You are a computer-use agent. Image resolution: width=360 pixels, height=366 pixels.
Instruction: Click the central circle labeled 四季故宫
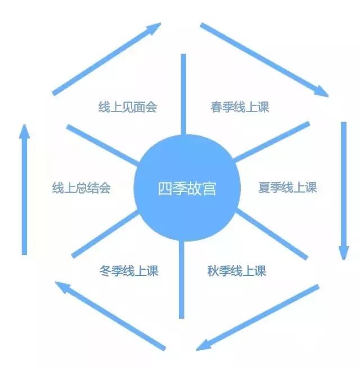tap(187, 188)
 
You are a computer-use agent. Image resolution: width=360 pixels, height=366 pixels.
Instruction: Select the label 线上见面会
tap(128, 107)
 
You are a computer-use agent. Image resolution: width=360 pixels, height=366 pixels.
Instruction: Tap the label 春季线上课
tap(240, 107)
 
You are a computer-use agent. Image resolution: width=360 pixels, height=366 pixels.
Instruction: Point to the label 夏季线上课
tap(287, 188)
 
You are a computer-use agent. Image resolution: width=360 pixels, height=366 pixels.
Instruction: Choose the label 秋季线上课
tap(236, 271)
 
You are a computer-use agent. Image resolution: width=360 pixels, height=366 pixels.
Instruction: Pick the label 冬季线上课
tap(129, 271)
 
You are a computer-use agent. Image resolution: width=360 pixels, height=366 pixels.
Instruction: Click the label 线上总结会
tap(81, 188)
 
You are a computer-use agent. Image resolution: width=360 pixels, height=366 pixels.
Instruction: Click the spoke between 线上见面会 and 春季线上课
tap(183, 95)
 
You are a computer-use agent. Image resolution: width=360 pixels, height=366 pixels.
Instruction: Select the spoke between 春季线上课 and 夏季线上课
tap(272, 142)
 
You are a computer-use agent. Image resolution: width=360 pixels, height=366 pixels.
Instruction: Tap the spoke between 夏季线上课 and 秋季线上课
tap(272, 234)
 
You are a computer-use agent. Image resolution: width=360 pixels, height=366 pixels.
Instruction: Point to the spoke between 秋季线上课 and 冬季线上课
tap(182, 280)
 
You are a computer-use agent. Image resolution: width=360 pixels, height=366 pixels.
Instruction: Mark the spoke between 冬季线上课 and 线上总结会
tap(105, 234)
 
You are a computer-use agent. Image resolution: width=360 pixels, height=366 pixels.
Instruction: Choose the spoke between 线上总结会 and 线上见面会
tap(102, 145)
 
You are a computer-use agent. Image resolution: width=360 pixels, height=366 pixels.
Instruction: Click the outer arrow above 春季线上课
tap(264, 60)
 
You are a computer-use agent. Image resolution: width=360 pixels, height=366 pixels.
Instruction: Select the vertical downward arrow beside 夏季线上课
tap(344, 191)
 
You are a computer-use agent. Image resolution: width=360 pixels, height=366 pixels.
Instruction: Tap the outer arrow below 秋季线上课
tap(258, 318)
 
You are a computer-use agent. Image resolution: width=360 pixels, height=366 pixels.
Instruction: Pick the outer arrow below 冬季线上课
tap(110, 316)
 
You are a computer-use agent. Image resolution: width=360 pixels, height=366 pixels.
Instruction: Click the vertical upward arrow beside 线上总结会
tap(25, 190)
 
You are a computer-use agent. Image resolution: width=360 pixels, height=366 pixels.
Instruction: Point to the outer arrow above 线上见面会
tap(106, 59)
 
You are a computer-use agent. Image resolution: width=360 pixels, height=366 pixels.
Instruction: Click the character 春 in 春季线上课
tap(216, 107)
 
